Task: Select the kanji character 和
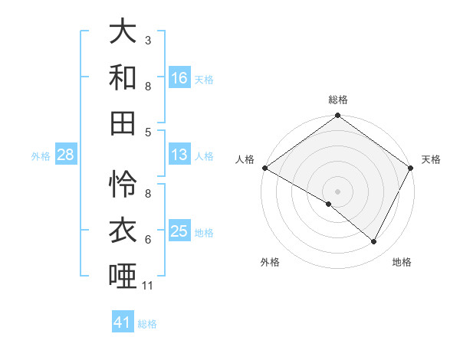click(123, 77)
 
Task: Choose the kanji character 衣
click(123, 229)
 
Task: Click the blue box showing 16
click(179, 78)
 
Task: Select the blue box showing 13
click(179, 155)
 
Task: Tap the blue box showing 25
click(179, 231)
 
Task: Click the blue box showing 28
click(66, 155)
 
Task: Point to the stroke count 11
click(148, 286)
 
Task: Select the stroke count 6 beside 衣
click(148, 240)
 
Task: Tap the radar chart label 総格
click(338, 100)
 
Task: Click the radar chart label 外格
click(270, 263)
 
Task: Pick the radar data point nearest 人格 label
click(264, 168)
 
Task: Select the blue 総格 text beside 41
click(147, 324)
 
